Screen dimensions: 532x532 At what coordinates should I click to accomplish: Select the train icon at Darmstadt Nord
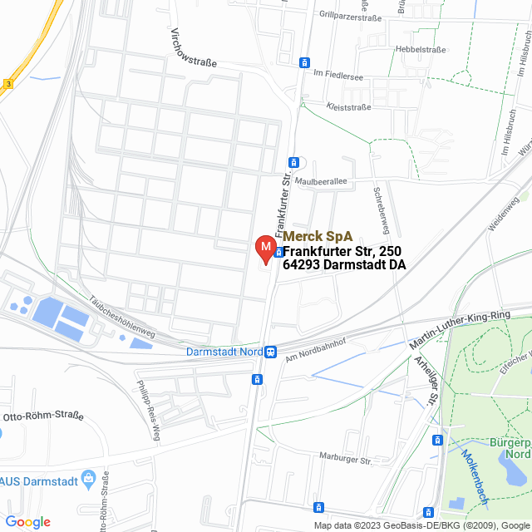[271, 352]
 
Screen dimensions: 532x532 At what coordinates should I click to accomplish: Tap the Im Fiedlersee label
[337, 74]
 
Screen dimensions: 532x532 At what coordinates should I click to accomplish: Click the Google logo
[27, 522]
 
